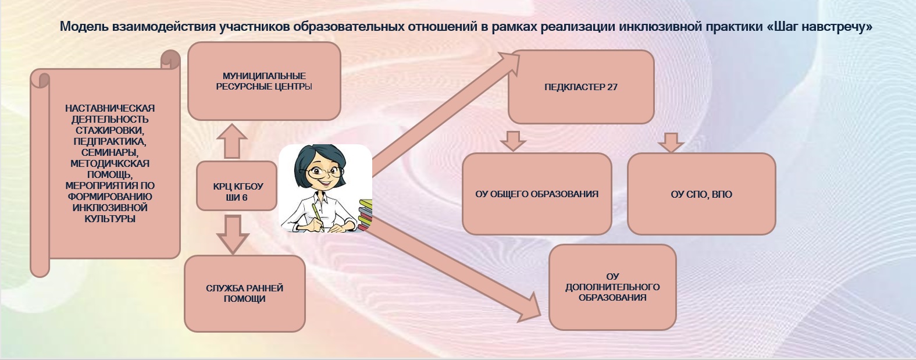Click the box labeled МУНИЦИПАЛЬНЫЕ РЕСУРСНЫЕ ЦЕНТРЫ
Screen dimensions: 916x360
(x=264, y=81)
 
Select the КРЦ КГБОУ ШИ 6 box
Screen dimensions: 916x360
(x=237, y=186)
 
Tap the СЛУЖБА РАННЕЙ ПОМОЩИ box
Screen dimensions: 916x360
(x=244, y=293)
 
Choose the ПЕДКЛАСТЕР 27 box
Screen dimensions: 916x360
(x=581, y=87)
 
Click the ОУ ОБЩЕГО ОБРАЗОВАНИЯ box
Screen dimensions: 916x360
(x=537, y=194)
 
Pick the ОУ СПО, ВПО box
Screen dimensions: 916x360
(x=701, y=194)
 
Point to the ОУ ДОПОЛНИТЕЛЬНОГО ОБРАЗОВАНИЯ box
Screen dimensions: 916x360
(x=612, y=287)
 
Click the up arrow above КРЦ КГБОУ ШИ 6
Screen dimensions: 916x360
(x=232, y=141)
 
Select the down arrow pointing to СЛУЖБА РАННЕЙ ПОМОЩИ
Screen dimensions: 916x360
(x=233, y=234)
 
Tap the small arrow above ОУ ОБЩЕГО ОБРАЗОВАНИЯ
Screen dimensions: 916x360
(x=513, y=141)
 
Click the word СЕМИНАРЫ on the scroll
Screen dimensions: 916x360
(x=109, y=152)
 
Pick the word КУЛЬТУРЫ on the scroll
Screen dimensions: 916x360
(x=109, y=219)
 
